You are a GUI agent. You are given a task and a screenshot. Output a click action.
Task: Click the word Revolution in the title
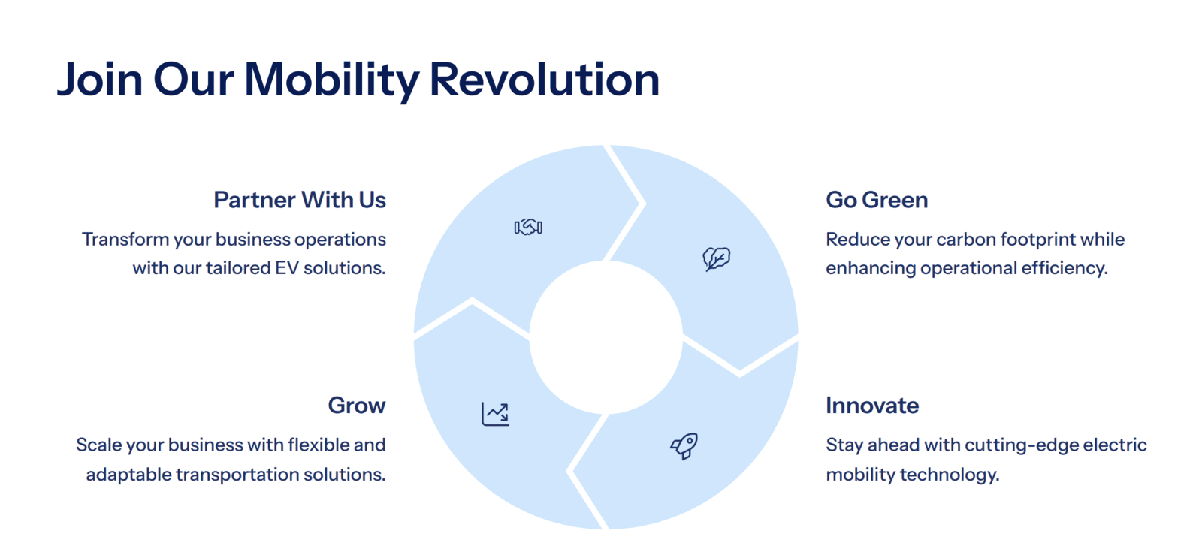coord(544,80)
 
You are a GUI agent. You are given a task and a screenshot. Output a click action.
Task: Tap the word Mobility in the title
coord(331,80)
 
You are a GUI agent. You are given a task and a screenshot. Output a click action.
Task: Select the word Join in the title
coord(100,80)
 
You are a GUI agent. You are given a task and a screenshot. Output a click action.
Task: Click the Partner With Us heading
coord(300,200)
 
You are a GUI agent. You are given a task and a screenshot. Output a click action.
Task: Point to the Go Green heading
coord(877,200)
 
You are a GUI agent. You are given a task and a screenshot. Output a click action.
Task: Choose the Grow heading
coord(357,405)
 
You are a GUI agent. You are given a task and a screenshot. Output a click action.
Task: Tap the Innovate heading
coord(872,405)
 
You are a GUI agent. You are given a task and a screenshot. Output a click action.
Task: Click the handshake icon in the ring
coord(528,227)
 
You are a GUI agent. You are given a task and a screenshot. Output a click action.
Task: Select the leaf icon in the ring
coord(717,258)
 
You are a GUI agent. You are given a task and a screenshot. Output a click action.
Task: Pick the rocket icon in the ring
coord(684,446)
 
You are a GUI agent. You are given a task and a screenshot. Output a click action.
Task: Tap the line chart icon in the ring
coord(495,415)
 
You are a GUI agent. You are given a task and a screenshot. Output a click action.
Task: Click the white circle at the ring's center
coord(606,337)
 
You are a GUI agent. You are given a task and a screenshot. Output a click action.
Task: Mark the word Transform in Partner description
coord(125,240)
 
